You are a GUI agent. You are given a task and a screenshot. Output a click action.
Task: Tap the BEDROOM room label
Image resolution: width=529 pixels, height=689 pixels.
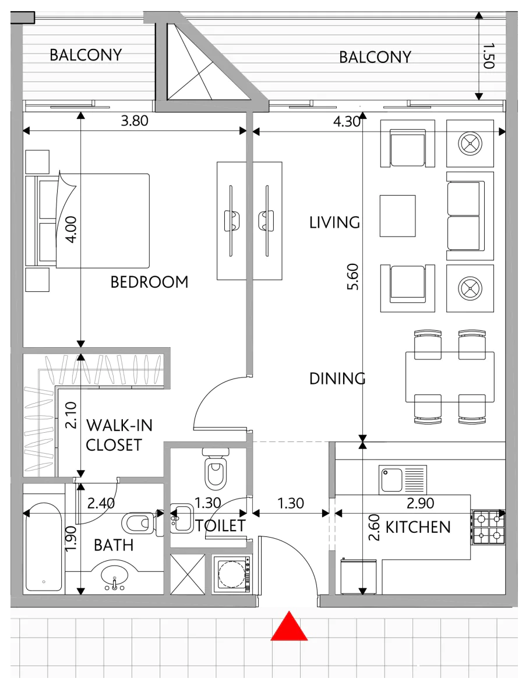click(x=149, y=282)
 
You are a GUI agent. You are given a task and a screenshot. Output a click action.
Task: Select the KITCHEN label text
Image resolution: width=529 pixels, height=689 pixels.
click(x=418, y=527)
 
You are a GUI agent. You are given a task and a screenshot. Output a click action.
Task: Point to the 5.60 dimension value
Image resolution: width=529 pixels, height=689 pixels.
click(x=353, y=277)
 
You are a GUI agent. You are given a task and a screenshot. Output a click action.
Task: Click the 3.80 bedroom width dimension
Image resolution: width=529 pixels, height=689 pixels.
click(x=135, y=121)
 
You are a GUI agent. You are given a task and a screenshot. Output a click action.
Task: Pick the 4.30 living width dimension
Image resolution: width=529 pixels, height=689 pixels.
click(x=347, y=121)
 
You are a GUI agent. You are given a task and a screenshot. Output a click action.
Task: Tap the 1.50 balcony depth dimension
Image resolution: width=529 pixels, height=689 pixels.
click(x=489, y=56)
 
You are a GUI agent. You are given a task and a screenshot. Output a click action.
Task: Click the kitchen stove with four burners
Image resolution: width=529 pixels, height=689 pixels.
click(x=488, y=527)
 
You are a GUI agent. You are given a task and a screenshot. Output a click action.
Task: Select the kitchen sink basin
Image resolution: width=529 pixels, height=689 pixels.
click(x=392, y=480)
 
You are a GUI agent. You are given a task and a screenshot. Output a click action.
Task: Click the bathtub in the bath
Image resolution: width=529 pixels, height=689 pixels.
click(x=43, y=547)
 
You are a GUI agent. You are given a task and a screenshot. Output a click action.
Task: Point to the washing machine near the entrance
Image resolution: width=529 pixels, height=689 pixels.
click(x=232, y=574)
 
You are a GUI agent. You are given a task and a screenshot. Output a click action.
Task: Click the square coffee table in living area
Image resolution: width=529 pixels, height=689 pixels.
click(x=397, y=216)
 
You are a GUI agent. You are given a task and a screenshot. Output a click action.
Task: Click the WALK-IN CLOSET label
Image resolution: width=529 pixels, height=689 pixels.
click(x=119, y=435)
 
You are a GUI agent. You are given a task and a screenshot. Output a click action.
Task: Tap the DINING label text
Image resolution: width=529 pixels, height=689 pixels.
click(x=337, y=379)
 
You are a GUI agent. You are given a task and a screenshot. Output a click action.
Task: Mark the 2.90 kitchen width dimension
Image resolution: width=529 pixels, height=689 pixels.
click(x=420, y=503)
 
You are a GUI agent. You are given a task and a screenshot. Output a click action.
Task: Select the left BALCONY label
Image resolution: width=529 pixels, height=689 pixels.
click(x=86, y=55)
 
